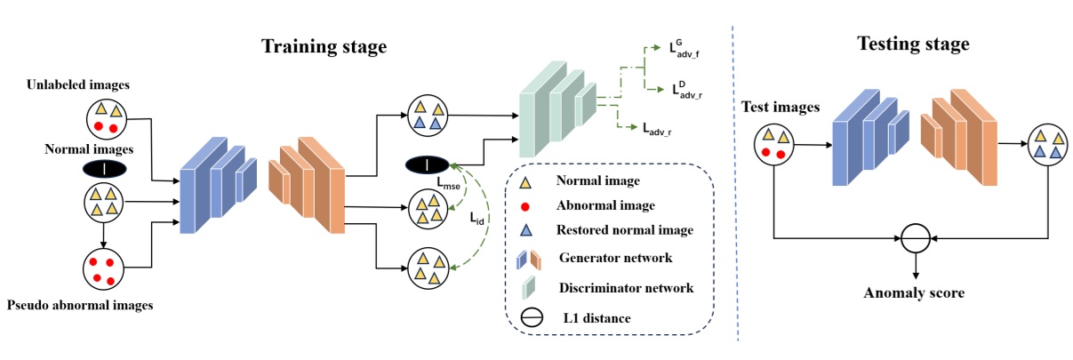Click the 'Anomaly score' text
point(915,290)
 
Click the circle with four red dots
point(104,268)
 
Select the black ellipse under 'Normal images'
point(104,168)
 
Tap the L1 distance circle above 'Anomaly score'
point(915,238)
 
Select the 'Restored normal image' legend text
point(625,230)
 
